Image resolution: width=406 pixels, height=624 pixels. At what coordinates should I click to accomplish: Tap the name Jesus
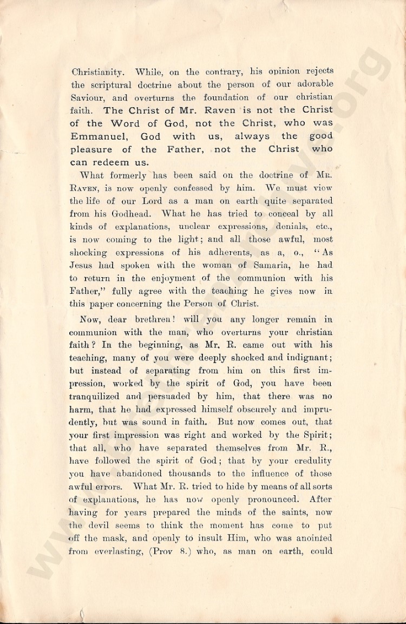click(84, 265)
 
